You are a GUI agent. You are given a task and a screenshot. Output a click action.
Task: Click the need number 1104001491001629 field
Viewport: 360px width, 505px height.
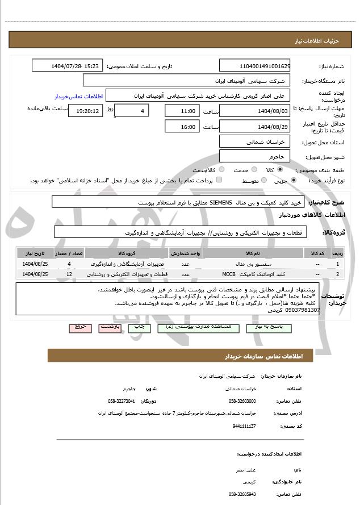[x=255, y=66]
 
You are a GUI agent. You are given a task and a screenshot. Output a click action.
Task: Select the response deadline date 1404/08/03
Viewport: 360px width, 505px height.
[x=255, y=111]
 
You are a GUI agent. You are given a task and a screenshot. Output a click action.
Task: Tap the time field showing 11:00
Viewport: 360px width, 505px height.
[x=182, y=111]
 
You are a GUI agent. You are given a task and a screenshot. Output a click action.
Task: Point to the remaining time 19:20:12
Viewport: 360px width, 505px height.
[x=86, y=111]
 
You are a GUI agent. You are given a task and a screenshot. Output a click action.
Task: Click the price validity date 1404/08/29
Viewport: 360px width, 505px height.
[x=255, y=127]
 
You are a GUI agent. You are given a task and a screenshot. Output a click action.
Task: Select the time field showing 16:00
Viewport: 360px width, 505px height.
[x=182, y=127]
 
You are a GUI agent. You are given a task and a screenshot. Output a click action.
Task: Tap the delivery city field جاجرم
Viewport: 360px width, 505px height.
[x=255, y=156]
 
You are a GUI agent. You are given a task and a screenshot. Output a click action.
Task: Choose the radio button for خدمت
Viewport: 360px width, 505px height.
[x=253, y=170]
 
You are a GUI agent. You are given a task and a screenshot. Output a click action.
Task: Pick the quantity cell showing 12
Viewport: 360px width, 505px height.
[x=69, y=274]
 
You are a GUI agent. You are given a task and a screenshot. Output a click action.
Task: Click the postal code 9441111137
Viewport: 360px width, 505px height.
[x=244, y=425]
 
